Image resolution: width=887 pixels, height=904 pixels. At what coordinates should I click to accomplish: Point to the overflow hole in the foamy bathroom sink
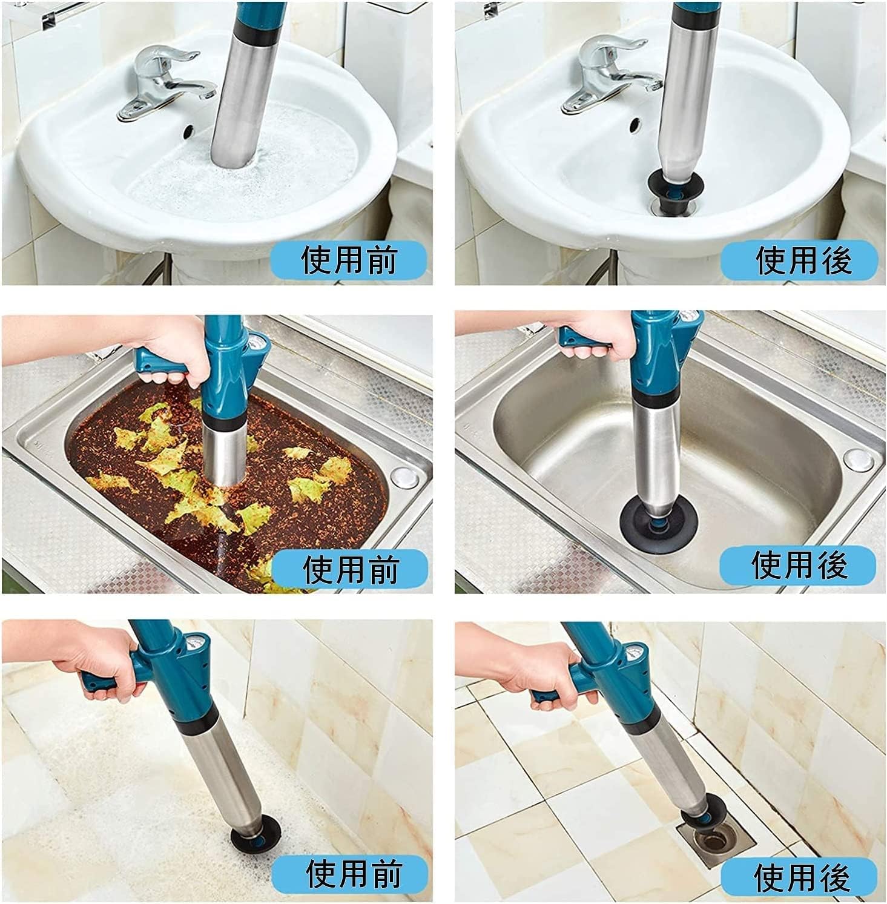(188, 129)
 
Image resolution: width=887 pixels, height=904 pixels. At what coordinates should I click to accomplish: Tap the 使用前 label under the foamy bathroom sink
(349, 260)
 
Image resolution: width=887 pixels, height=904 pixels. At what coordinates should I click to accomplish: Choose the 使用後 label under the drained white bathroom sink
(803, 260)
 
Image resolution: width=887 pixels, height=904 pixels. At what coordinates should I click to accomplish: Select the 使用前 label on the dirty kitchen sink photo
(350, 569)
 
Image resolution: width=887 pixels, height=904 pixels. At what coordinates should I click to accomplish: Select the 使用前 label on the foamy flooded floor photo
(354, 874)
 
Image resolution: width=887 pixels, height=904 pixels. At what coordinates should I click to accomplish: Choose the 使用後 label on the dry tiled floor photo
(802, 876)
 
